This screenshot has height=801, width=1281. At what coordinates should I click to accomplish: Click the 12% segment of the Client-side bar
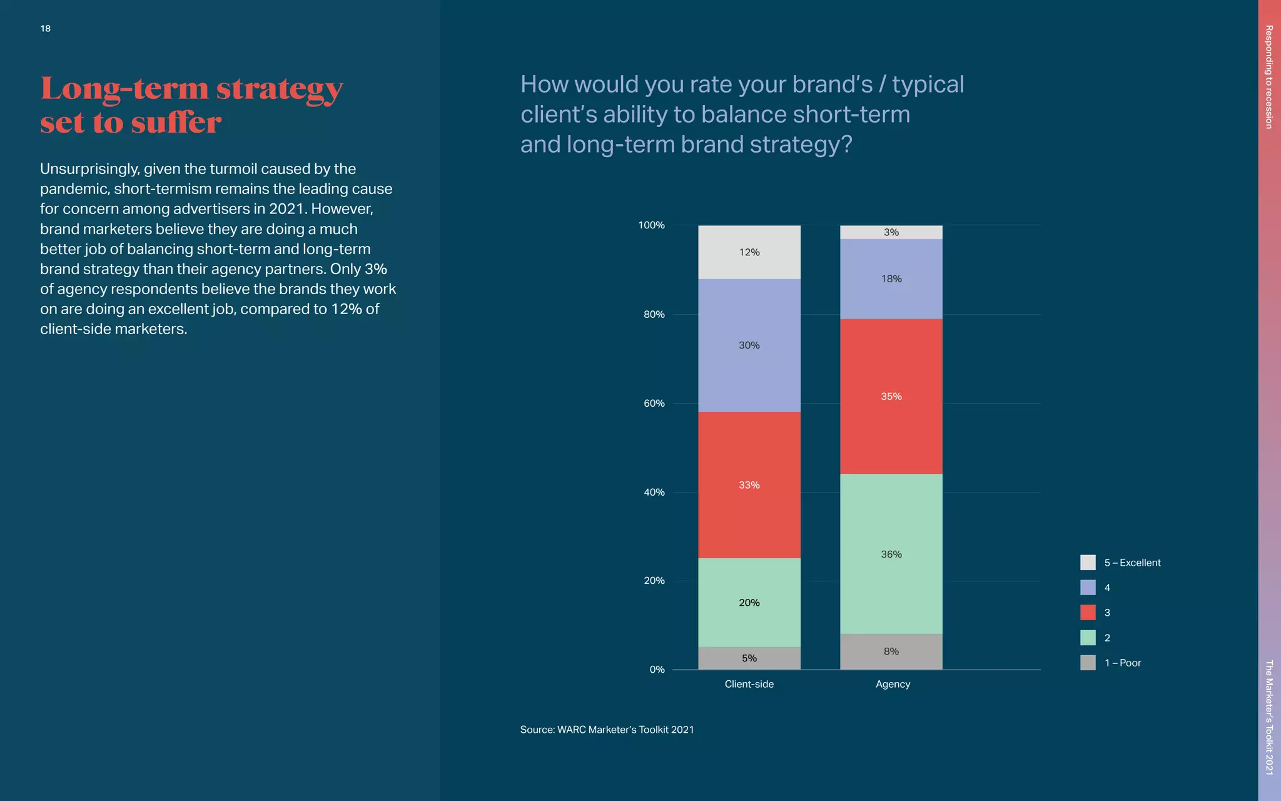(749, 252)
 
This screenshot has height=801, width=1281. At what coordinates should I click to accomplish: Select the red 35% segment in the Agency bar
(891, 396)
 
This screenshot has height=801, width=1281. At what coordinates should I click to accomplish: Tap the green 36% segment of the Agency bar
(891, 554)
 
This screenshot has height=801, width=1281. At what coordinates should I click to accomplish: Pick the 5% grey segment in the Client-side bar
(749, 658)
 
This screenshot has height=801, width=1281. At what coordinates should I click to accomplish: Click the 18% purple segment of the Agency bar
(891, 279)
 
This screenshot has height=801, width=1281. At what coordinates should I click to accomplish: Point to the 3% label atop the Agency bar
(891, 232)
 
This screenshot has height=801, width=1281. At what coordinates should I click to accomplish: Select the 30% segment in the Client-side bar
(749, 345)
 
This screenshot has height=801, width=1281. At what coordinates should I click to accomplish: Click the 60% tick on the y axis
(654, 404)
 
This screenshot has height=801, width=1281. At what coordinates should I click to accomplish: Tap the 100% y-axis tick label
(651, 225)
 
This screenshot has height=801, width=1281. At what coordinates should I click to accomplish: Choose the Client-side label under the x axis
(749, 684)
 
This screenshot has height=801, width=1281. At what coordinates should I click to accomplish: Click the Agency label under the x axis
(893, 684)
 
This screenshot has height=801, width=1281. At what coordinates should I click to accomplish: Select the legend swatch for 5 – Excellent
(1088, 563)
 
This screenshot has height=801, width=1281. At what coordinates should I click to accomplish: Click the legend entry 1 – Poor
(1122, 663)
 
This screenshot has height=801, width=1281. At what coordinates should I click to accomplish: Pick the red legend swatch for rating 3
(1088, 613)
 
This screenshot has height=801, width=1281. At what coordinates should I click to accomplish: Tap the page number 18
(46, 29)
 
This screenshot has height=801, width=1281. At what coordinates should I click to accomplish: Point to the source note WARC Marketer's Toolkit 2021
(607, 730)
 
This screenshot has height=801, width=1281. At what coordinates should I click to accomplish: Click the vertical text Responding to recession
(1269, 77)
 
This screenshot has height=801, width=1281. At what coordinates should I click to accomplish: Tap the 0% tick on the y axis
(657, 670)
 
